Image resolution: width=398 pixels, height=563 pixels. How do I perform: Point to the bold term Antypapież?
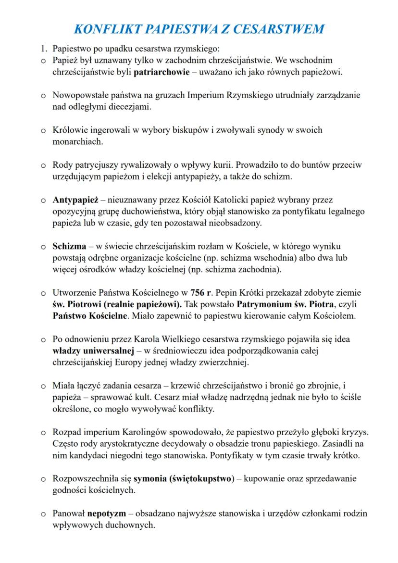coord(72,200)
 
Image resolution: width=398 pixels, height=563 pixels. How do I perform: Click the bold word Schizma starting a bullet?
coord(69,246)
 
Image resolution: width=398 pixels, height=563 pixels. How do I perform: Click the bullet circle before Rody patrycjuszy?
coord(42,165)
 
